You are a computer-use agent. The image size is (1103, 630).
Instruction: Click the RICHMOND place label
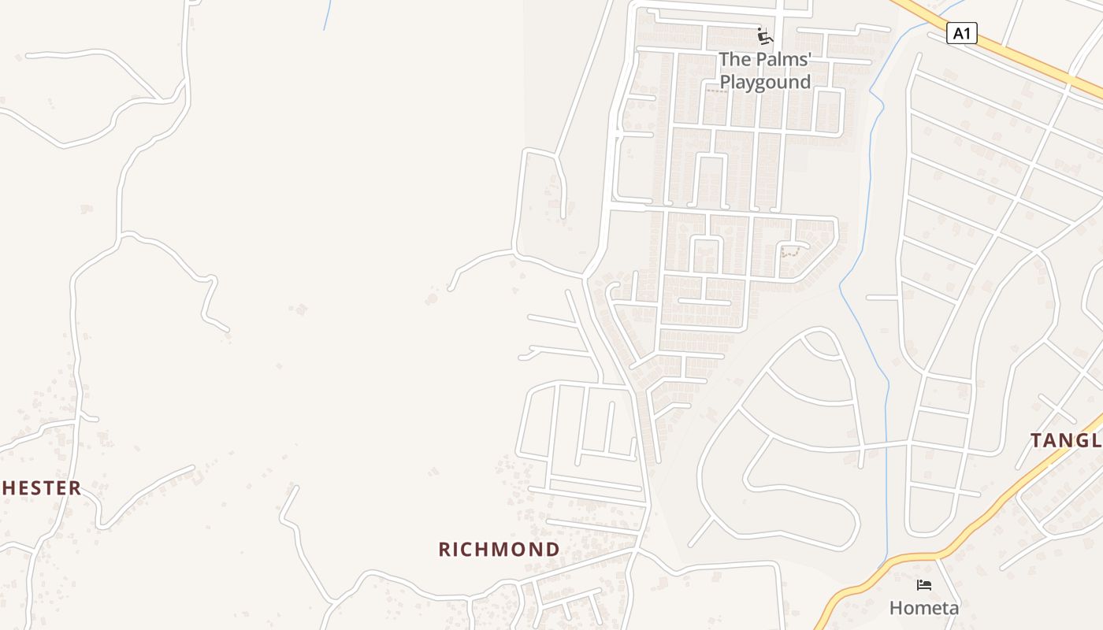pyautogui.click(x=499, y=550)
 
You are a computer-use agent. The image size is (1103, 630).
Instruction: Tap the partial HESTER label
pyautogui.click(x=42, y=488)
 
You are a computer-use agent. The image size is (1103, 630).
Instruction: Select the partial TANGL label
pyautogui.click(x=1066, y=441)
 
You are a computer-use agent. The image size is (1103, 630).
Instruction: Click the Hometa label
pyautogui.click(x=924, y=608)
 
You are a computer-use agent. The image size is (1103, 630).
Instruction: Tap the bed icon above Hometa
pyautogui.click(x=924, y=585)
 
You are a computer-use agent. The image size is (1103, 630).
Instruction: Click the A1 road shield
pyautogui.click(x=961, y=34)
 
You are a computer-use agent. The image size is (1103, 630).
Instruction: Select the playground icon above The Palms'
pyautogui.click(x=764, y=36)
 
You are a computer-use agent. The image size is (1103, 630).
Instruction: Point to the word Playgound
pyautogui.click(x=765, y=83)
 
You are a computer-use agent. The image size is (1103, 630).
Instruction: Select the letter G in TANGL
pyautogui.click(x=1083, y=441)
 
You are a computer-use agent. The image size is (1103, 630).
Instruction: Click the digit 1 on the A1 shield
pyautogui.click(x=967, y=34)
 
